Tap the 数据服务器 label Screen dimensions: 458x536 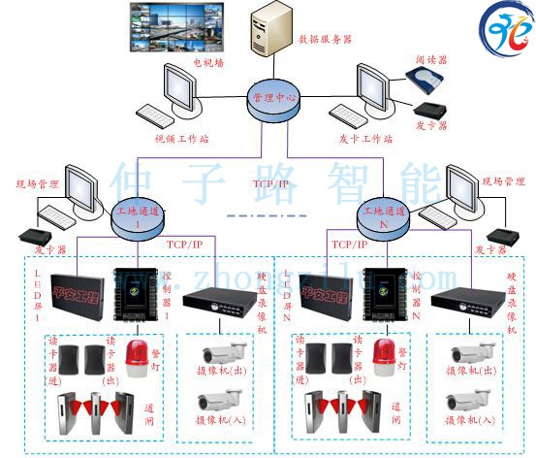point(326,39)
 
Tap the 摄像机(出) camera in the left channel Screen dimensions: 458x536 point(225,352)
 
